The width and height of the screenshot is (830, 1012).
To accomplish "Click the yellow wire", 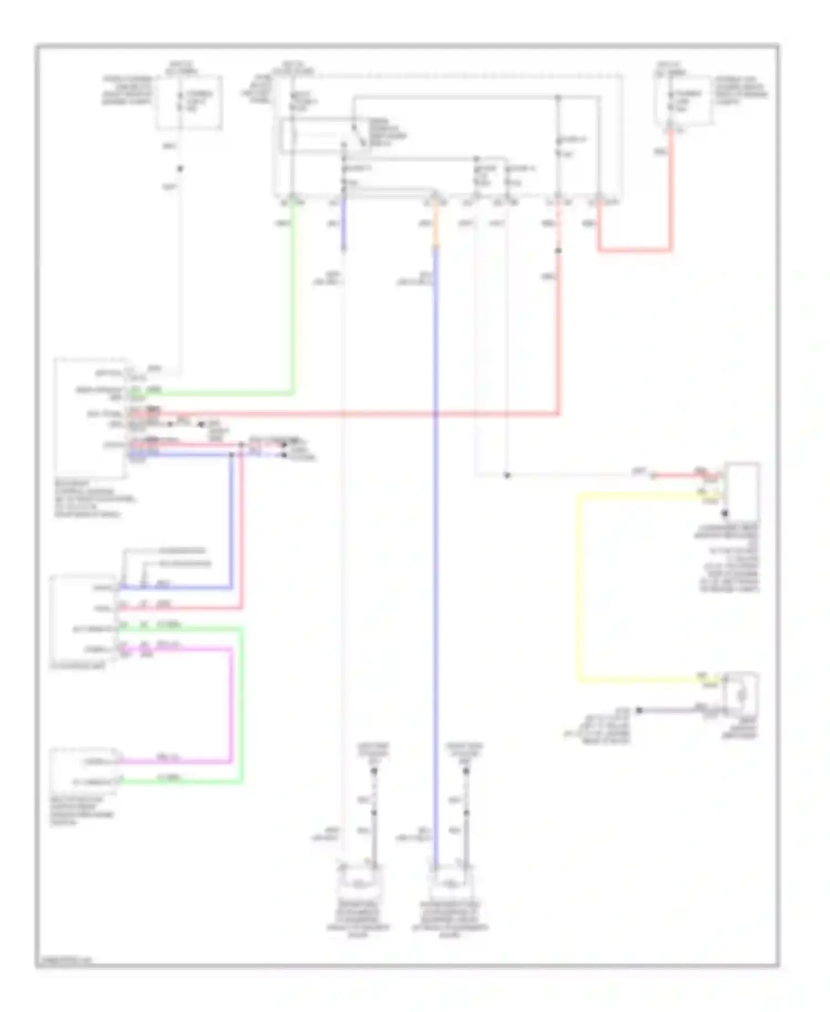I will (579, 587).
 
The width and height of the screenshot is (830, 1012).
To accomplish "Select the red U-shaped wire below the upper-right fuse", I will (635, 250).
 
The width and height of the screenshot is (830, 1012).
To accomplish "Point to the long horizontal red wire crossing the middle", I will (360, 414).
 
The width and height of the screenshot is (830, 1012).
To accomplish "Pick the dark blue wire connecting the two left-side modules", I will (231, 520).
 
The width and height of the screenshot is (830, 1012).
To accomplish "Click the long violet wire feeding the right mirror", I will (436, 554).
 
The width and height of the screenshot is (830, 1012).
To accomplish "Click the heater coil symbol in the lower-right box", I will (741, 692).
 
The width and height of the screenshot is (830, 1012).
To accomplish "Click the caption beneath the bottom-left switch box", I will (83, 810).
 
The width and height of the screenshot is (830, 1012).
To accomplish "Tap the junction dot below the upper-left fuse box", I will (180, 168).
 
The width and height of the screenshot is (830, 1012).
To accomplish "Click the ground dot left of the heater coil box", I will (639, 710).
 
